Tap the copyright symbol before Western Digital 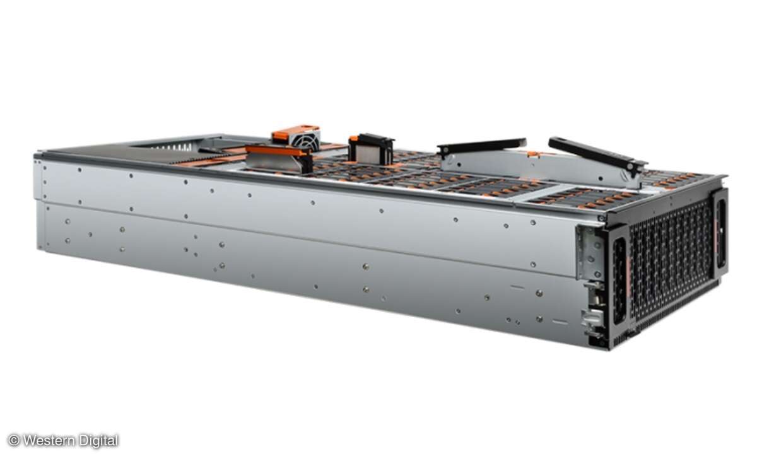click(x=14, y=441)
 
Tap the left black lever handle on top click(x=481, y=146)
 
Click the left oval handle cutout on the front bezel click(x=619, y=281)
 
